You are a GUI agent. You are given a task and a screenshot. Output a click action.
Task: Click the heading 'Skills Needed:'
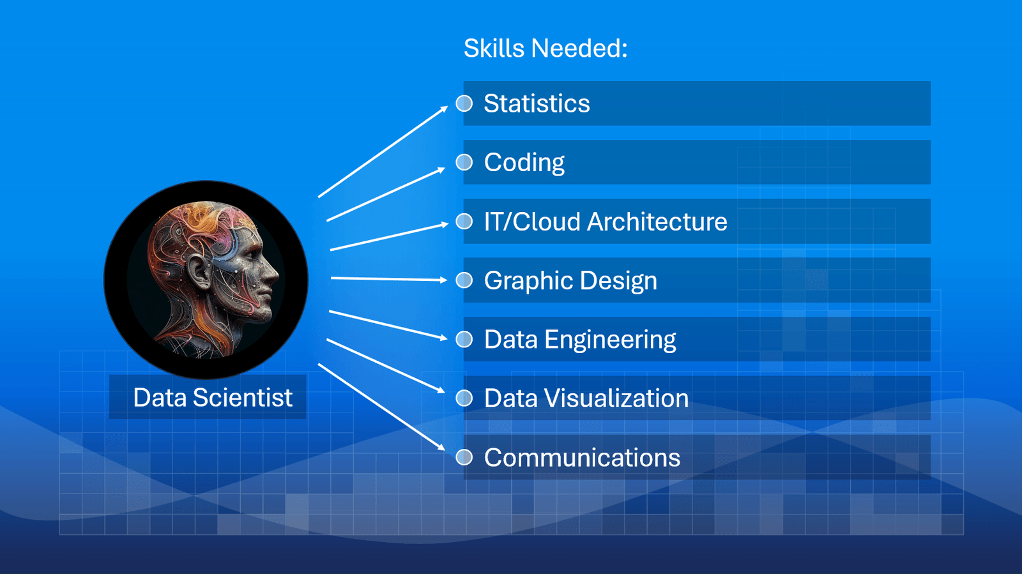545,49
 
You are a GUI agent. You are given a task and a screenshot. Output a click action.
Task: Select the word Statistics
537,103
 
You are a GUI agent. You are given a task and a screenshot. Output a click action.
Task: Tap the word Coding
524,163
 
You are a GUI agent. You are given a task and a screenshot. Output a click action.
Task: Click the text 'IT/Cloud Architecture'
605,222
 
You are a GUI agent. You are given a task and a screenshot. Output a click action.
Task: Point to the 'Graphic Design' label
570,281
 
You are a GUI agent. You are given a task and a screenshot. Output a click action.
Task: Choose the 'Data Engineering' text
579,340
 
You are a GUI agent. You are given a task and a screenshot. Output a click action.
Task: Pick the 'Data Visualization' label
586,398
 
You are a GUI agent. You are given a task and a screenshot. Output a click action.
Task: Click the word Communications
581,458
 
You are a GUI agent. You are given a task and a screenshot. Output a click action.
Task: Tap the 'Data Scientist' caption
213,398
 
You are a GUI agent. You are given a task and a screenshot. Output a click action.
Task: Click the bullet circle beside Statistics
464,103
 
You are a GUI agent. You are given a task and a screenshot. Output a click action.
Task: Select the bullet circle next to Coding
464,162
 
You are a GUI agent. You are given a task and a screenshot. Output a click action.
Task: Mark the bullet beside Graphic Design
464,280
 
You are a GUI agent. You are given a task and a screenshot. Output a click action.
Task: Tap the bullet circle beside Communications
464,457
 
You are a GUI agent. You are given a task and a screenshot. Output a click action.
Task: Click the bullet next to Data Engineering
464,339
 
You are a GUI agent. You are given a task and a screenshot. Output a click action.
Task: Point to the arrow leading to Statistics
383,151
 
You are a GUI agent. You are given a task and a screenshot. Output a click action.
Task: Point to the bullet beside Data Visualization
464,398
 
